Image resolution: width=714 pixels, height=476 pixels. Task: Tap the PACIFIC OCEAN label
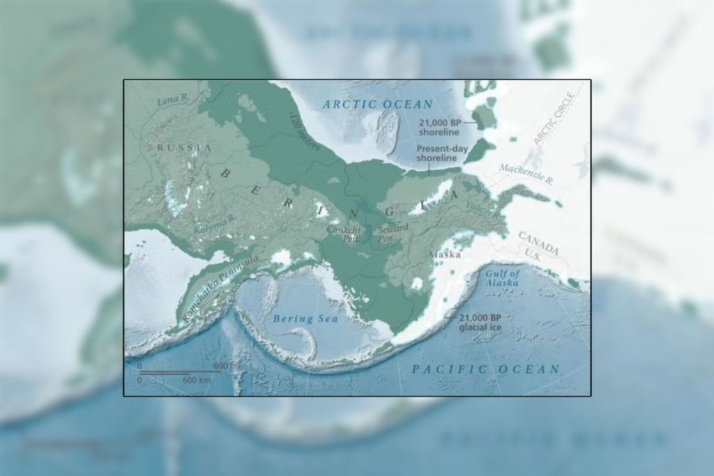485,369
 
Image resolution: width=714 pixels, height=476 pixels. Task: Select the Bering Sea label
305,318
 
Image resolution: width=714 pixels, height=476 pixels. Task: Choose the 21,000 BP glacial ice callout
481,321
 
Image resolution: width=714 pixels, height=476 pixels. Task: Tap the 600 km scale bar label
197,381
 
